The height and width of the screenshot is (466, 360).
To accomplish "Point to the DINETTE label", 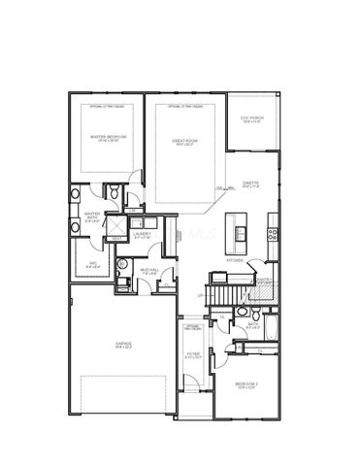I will tap(250, 186).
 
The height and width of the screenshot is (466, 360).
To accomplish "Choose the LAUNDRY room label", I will tap(142, 232).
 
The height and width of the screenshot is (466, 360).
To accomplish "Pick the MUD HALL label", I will tap(149, 272).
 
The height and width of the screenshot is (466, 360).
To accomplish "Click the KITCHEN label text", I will tap(234, 260).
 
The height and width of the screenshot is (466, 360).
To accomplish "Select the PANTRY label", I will tap(261, 279).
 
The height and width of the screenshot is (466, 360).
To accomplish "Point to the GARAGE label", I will tap(123, 346).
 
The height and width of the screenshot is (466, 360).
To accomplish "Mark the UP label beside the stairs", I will tap(200, 294).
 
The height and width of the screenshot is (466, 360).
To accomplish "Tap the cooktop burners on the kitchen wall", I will tap(272, 232).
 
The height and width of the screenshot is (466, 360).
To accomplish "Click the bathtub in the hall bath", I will tap(273, 331).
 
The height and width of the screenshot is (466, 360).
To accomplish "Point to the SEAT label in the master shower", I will tap(116, 237).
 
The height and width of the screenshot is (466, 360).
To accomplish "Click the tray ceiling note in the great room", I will tap(184, 104).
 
